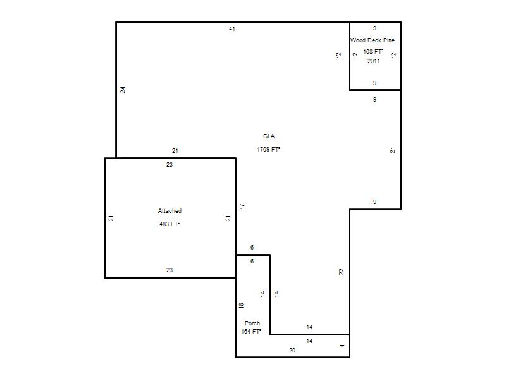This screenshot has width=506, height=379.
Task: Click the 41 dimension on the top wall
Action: [232, 29]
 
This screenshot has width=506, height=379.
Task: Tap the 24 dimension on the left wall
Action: [123, 90]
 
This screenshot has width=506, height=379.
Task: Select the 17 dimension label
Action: [242, 207]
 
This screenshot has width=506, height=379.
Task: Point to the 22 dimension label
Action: [342, 272]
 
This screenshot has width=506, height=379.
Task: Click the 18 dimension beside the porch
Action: [242, 306]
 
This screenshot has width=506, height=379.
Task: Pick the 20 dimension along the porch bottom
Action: [292, 351]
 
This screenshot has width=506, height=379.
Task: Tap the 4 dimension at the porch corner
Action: [342, 346]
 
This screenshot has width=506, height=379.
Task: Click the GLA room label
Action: [269, 136]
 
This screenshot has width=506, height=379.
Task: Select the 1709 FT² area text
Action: [268, 149]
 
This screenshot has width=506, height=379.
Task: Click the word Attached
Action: [170, 211]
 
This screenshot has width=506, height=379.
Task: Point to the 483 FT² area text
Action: [170, 224]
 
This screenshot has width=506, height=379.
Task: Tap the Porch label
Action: [252, 323]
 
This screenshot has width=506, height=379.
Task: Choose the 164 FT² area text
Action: [251, 331]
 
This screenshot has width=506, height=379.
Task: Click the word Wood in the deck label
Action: [358, 40]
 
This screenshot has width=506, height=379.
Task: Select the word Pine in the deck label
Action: [389, 40]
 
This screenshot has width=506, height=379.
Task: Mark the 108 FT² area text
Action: [373, 52]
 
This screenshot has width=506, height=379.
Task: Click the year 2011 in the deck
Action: [374, 61]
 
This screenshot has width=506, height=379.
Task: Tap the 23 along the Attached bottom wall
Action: [170, 270]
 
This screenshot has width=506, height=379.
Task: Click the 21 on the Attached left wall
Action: [111, 218]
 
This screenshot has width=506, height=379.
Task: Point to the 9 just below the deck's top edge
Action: [374, 28]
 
